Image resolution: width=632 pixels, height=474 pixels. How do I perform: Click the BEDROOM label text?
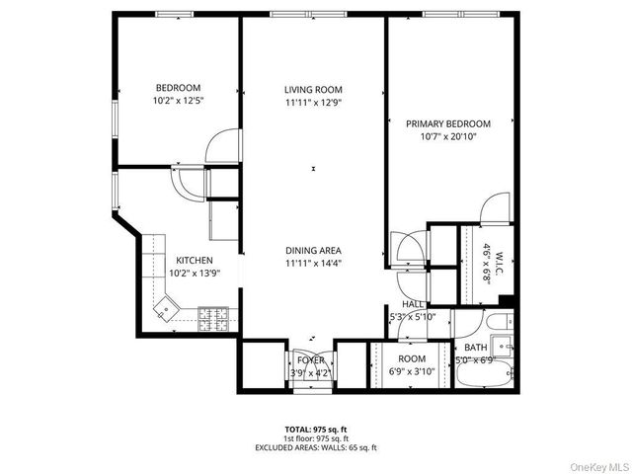click(x=178, y=87)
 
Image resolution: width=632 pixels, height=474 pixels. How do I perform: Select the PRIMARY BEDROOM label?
click(x=447, y=123)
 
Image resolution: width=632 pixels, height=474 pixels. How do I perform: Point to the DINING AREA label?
click(x=313, y=250)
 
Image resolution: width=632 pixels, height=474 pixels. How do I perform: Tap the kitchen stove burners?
click(x=213, y=318)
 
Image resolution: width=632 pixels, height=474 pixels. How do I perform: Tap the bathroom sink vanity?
click(x=504, y=347)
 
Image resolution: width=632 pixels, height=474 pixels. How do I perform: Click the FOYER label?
click(x=310, y=360)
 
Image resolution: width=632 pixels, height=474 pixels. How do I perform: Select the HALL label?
click(x=412, y=304)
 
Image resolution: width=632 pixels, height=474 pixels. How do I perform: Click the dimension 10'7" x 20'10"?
click(x=447, y=137)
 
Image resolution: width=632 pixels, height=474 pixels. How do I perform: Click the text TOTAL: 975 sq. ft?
click(x=315, y=429)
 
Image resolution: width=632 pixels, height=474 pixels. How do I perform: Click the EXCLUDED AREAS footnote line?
click(x=315, y=447)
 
